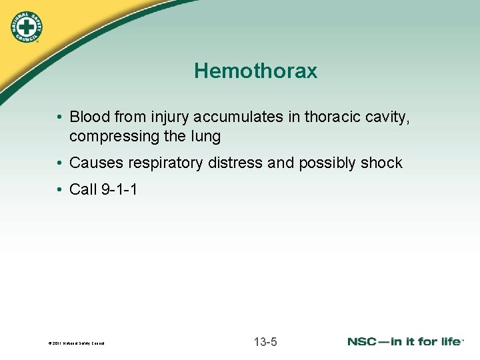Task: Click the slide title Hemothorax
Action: coord(255,71)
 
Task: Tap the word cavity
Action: coord(386,117)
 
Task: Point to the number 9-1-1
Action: coord(120,190)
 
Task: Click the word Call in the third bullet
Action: coord(83,190)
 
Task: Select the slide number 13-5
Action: coord(265,343)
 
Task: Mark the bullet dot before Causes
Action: coord(59,163)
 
